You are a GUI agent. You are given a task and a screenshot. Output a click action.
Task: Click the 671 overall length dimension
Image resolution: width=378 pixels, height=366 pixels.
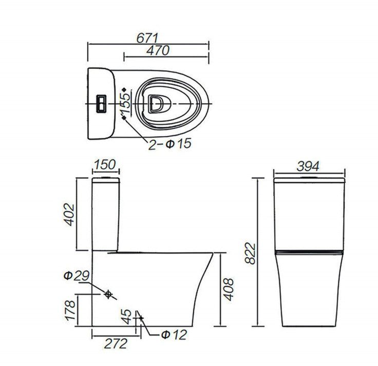tap(147, 38)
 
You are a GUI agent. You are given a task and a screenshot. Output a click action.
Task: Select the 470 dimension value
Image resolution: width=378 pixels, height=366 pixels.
tap(158, 50)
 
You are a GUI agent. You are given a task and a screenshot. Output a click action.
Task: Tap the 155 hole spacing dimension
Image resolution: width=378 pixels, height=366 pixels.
tap(126, 103)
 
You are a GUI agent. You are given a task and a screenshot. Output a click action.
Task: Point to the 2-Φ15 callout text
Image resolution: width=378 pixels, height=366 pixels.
tap(169, 144)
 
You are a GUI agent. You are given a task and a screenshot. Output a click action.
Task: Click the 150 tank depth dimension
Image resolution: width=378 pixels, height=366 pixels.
tap(105, 164)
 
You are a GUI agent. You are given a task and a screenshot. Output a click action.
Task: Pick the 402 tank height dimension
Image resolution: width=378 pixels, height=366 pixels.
tap(70, 215)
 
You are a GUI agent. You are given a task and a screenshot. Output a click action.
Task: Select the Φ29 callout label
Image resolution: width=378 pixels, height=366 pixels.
tap(77, 276)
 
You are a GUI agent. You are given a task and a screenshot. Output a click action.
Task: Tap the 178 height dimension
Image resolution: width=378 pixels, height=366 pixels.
tap(71, 310)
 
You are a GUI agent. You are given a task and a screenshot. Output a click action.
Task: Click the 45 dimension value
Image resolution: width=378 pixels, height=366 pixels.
tap(126, 317)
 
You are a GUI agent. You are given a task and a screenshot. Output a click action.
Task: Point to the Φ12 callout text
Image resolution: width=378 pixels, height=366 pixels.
tap(174, 335)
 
